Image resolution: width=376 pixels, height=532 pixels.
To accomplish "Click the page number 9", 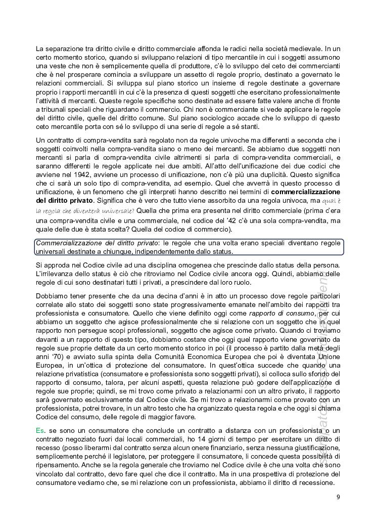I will (338, 497).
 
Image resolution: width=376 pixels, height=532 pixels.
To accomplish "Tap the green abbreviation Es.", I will (40, 429).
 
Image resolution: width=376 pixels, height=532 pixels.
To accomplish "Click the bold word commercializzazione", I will (306, 192).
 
